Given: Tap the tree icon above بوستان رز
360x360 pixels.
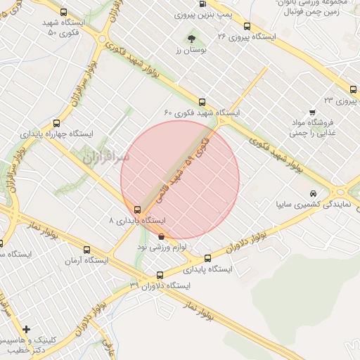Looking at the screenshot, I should coord(192,39).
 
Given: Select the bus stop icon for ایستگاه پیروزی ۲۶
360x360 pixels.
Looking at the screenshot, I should coord(246,27).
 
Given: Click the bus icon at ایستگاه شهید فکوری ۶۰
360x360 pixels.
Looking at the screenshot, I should coord(202,102).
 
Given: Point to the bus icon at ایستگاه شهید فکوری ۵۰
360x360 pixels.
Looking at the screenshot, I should coord(64,12).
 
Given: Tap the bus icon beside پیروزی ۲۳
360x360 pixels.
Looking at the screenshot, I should coord(352,89).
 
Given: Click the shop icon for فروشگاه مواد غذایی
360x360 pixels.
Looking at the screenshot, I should coord(312,112).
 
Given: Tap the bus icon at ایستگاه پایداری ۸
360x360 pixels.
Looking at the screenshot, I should coord(137,209).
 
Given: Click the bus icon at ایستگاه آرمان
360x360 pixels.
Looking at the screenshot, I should coord(86,249).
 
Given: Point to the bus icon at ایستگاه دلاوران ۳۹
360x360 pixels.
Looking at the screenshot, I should coord(160,275).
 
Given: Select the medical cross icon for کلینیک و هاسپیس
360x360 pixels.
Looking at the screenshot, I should coord(27,329).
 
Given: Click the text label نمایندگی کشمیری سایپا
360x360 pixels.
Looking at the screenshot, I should coord(308,205).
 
